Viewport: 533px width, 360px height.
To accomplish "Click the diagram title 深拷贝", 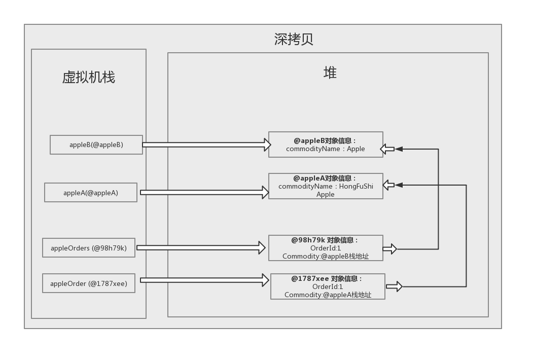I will click(294, 40).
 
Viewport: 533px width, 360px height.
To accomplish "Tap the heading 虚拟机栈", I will click(89, 77).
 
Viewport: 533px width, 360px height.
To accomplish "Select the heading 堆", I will click(330, 73).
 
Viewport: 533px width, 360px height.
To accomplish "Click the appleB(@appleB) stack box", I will click(96, 145).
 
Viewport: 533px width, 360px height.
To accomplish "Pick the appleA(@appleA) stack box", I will click(91, 193).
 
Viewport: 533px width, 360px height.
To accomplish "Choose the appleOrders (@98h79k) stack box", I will click(89, 248).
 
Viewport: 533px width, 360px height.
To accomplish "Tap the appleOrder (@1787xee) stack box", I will click(89, 283).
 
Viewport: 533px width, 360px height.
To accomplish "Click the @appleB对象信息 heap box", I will click(326, 145).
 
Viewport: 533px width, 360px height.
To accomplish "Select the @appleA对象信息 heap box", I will click(326, 186).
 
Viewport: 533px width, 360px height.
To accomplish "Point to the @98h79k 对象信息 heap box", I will click(326, 248).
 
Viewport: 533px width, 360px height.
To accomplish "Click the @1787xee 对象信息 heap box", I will click(328, 286).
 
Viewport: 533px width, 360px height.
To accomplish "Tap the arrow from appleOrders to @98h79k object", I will click(201, 247).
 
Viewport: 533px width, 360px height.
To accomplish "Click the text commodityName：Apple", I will click(326, 149).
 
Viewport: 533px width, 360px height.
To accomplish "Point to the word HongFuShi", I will click(356, 186).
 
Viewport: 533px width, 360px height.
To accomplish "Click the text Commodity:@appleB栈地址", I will click(326, 257).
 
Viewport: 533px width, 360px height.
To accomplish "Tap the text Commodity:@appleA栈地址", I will click(328, 295).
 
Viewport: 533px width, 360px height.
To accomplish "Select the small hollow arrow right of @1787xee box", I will click(394, 287).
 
